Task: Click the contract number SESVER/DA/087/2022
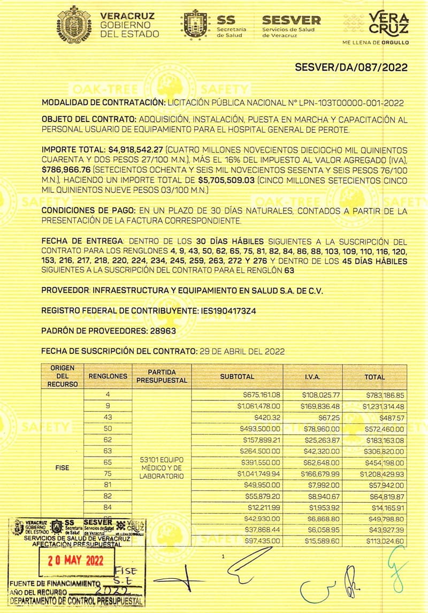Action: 351,67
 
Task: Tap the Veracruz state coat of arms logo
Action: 78,24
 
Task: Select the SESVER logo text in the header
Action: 291,20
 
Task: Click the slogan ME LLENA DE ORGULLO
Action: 376,41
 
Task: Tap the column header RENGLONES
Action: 108,376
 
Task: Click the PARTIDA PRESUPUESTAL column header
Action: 162,376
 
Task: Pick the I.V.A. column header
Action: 312,376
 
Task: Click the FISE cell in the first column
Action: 62,467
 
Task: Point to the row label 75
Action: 108,474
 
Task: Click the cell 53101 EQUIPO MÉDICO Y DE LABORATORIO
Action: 162,468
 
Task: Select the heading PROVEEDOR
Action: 65,290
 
